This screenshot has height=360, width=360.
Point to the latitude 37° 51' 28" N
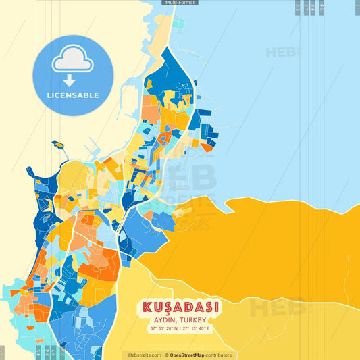click(165, 329)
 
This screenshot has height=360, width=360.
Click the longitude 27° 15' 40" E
click(197, 329)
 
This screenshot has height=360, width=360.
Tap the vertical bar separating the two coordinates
click(180, 329)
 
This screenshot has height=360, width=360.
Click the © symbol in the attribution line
click(166, 355)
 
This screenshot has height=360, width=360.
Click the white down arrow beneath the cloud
click(72, 79)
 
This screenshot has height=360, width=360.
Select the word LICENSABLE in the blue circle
click(72, 95)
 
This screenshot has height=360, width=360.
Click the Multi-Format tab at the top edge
click(180, 3)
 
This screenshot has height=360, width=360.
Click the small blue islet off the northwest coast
click(58, 145)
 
